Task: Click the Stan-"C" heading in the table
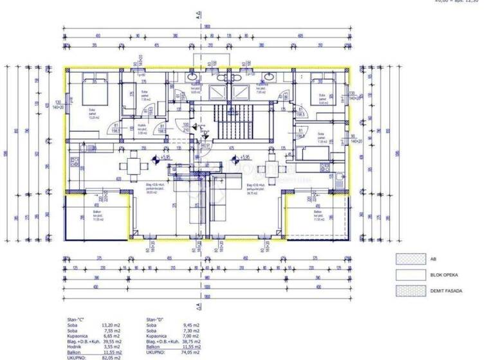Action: [x=77, y=319]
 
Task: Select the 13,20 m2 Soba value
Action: [x=113, y=325]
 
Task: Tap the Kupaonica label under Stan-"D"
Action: [x=157, y=335]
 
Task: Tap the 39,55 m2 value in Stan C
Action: [x=113, y=340]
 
